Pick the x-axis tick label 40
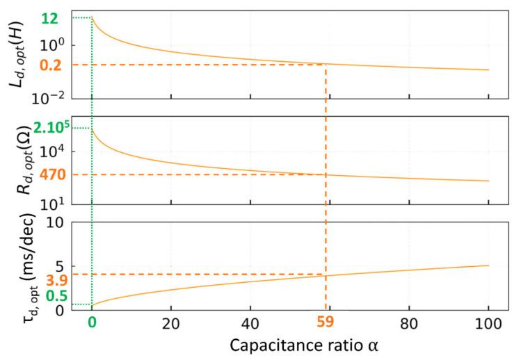250,322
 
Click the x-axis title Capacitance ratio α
290,346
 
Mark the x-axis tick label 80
409,322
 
